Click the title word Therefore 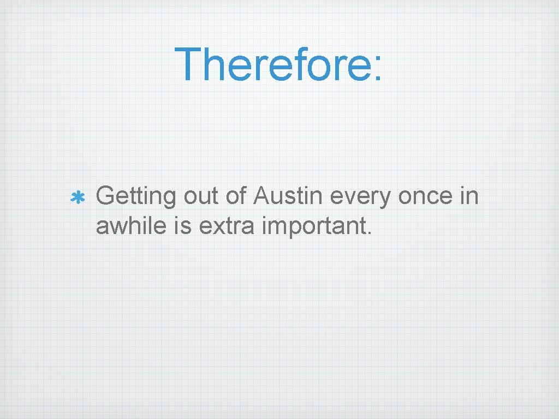click(272, 64)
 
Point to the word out click(201, 197)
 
